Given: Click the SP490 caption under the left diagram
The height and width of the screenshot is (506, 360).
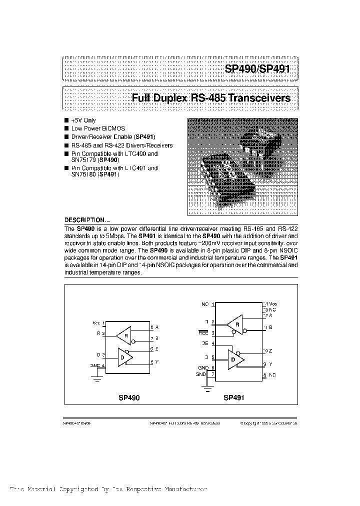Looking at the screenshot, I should click(129, 398).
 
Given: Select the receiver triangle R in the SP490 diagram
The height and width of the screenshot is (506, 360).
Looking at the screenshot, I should click(123, 335).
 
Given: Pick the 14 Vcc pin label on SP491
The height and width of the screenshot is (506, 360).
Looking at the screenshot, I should click(270, 303).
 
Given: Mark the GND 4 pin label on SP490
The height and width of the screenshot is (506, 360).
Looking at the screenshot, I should click(97, 365).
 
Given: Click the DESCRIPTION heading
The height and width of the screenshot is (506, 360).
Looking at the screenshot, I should click(84, 220).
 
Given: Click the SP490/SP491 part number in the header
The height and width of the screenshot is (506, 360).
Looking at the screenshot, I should click(260, 68).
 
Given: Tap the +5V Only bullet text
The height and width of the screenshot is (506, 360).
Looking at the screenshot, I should click(83, 120).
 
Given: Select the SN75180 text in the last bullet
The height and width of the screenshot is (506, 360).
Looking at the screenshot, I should click(83, 175).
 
